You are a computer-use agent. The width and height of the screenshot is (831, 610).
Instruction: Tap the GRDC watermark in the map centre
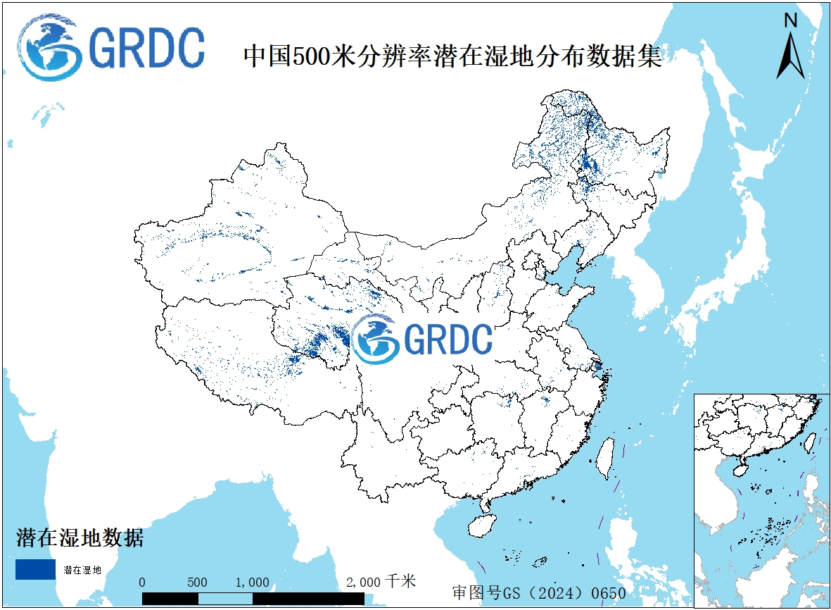point(421,339)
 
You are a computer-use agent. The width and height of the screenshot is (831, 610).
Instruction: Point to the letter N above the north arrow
point(790,21)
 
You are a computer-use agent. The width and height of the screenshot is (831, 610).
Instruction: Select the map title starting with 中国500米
point(452,57)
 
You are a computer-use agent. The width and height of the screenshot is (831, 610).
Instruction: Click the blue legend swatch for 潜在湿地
point(35,569)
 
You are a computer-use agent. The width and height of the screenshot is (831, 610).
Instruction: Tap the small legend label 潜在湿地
point(82,570)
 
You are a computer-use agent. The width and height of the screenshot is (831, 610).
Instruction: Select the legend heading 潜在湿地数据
point(80,539)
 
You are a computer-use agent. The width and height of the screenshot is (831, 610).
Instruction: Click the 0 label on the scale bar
point(142,583)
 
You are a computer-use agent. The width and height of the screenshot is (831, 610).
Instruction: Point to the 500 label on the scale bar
point(198,583)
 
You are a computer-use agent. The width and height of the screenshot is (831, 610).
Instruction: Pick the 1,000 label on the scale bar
point(252,583)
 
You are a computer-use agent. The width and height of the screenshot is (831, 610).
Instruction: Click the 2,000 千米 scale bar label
point(381,582)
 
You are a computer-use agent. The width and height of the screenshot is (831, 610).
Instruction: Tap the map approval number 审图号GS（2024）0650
point(540,593)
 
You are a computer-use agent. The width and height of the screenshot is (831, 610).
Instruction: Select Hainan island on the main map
point(482,525)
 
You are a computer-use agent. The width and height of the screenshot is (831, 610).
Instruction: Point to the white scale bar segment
point(225,599)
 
